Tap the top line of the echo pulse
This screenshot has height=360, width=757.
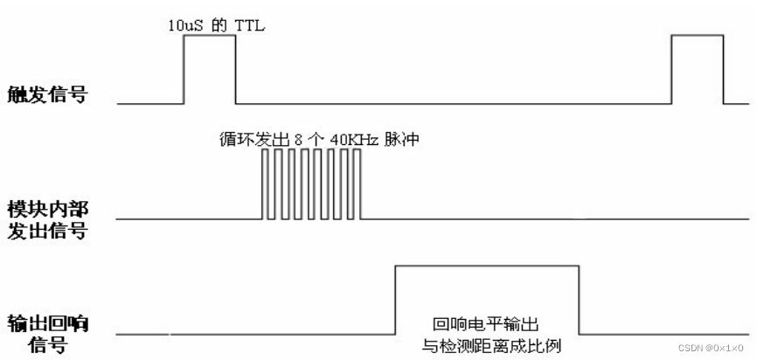click(x=487, y=266)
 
